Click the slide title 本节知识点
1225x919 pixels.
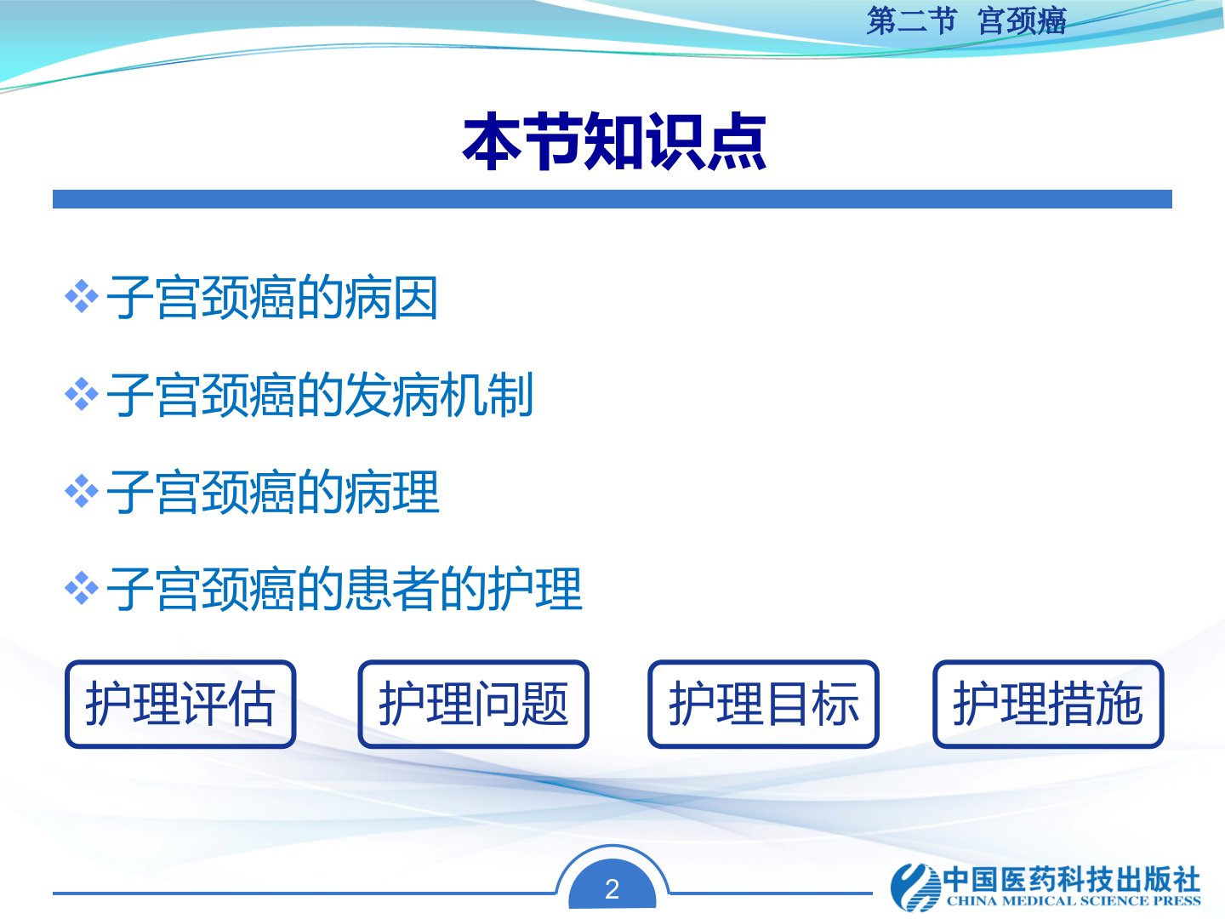pyautogui.click(x=614, y=141)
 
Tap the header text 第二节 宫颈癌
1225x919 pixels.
pyautogui.click(x=966, y=22)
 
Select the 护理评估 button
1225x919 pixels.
pyautogui.click(x=180, y=705)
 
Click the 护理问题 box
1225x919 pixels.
pyautogui.click(x=473, y=705)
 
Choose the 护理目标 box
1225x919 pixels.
pyautogui.click(x=763, y=705)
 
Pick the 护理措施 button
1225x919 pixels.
pyautogui.click(x=1048, y=705)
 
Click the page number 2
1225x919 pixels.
pyautogui.click(x=612, y=889)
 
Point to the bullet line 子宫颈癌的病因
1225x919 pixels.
pyautogui.click(x=271, y=298)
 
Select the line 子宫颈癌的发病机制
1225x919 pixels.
pyautogui.click(x=320, y=395)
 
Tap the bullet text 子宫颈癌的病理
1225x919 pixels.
pyautogui.click(x=273, y=492)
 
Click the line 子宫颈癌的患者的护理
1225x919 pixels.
pyautogui.click(x=345, y=589)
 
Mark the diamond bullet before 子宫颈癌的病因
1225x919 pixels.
pyautogui.click(x=82, y=296)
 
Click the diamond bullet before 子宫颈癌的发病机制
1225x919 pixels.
pyautogui.click(x=82, y=394)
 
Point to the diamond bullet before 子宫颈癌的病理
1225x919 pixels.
pyautogui.click(x=82, y=491)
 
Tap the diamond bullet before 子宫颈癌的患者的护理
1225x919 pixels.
pyautogui.click(x=82, y=588)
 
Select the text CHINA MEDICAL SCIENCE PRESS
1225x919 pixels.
pyautogui.click(x=1074, y=900)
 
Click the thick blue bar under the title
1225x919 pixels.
pyautogui.click(x=612, y=199)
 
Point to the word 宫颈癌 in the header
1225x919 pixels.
pyautogui.click(x=1023, y=22)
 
